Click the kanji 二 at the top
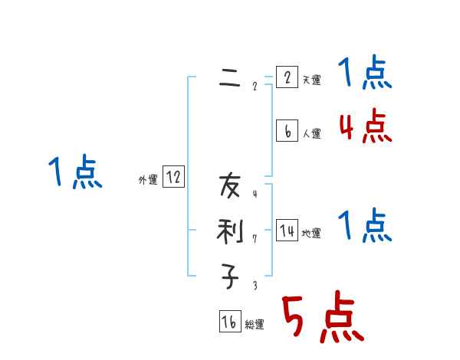[229, 77]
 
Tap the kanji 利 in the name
[229, 231]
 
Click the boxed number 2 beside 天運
[286, 77]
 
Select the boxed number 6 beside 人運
[286, 131]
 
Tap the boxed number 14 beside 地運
[287, 231]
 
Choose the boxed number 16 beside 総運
[229, 322]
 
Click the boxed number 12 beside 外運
[173, 178]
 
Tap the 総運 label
[255, 325]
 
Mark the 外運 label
[148, 180]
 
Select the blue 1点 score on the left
[75, 172]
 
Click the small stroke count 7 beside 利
[255, 238]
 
